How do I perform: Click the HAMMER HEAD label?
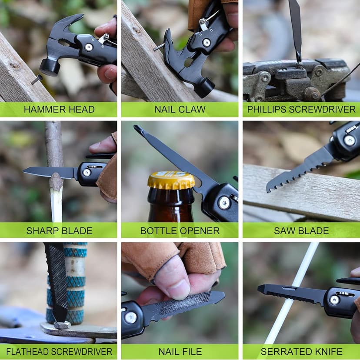(x=59, y=110)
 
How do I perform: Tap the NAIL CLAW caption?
(x=180, y=110)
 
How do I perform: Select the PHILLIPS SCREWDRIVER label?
(x=301, y=110)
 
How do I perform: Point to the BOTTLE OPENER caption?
(x=180, y=230)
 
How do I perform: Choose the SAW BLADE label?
(x=301, y=230)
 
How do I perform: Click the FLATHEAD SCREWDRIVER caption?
(x=59, y=351)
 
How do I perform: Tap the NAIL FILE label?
(x=180, y=351)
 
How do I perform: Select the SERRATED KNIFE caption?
(x=301, y=351)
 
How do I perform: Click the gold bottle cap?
(x=171, y=180)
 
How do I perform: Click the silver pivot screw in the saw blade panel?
(x=349, y=140)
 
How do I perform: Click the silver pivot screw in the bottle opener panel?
(x=223, y=202)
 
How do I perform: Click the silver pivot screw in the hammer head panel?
(x=89, y=47)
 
